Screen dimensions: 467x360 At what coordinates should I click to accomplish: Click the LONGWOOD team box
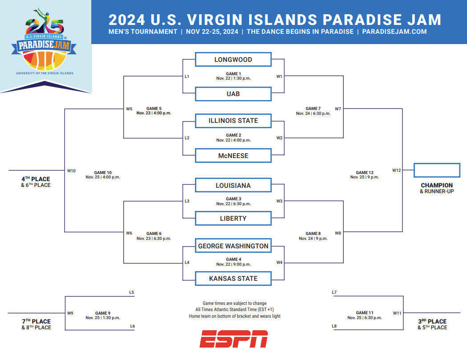tap(233, 59)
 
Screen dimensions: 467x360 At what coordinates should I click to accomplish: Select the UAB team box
tap(233, 94)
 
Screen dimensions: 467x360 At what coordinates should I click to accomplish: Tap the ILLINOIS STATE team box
tap(233, 121)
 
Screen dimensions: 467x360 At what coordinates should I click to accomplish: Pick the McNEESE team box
tap(233, 155)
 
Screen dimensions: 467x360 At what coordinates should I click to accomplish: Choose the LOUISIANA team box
tap(233, 185)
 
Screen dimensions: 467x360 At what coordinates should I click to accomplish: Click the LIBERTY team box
tap(233, 218)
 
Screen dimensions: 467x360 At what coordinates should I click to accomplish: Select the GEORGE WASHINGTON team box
tap(233, 246)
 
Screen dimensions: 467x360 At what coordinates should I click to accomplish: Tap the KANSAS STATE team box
tap(233, 279)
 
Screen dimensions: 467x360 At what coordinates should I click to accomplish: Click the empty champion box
tap(437, 170)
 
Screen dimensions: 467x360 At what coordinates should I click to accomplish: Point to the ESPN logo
tap(234, 339)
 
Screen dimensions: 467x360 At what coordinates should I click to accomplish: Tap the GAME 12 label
tap(365, 172)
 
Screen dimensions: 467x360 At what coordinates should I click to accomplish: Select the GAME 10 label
tap(103, 172)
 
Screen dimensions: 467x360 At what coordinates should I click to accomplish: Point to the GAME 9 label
tap(103, 313)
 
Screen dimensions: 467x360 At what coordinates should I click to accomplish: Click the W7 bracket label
tap(338, 109)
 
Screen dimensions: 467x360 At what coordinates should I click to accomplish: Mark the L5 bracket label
tap(131, 292)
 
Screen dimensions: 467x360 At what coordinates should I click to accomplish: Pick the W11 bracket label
tap(397, 313)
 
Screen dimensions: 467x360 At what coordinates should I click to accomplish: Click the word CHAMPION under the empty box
tap(437, 185)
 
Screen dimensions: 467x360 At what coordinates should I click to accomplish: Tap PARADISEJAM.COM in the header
tap(394, 32)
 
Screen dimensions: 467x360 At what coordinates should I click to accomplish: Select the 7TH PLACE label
tap(36, 321)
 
